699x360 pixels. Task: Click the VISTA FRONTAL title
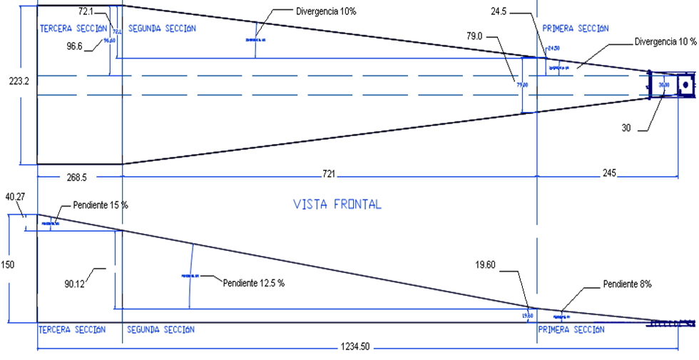pos(337,204)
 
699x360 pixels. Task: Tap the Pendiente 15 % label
pos(101,205)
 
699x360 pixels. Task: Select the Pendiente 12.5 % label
pos(253,282)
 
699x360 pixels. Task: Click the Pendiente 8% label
pos(627,284)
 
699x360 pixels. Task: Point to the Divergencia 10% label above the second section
pos(326,11)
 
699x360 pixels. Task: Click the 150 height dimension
pos(8,264)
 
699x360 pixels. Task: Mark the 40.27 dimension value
pos(14,197)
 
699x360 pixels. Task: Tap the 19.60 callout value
pos(486,264)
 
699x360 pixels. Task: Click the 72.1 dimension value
pos(87,11)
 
